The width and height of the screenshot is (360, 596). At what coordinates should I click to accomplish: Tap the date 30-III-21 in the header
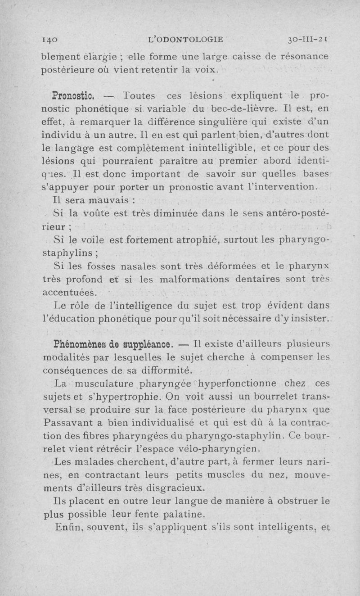coord(308,40)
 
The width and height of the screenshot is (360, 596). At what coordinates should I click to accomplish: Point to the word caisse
coord(252,57)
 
